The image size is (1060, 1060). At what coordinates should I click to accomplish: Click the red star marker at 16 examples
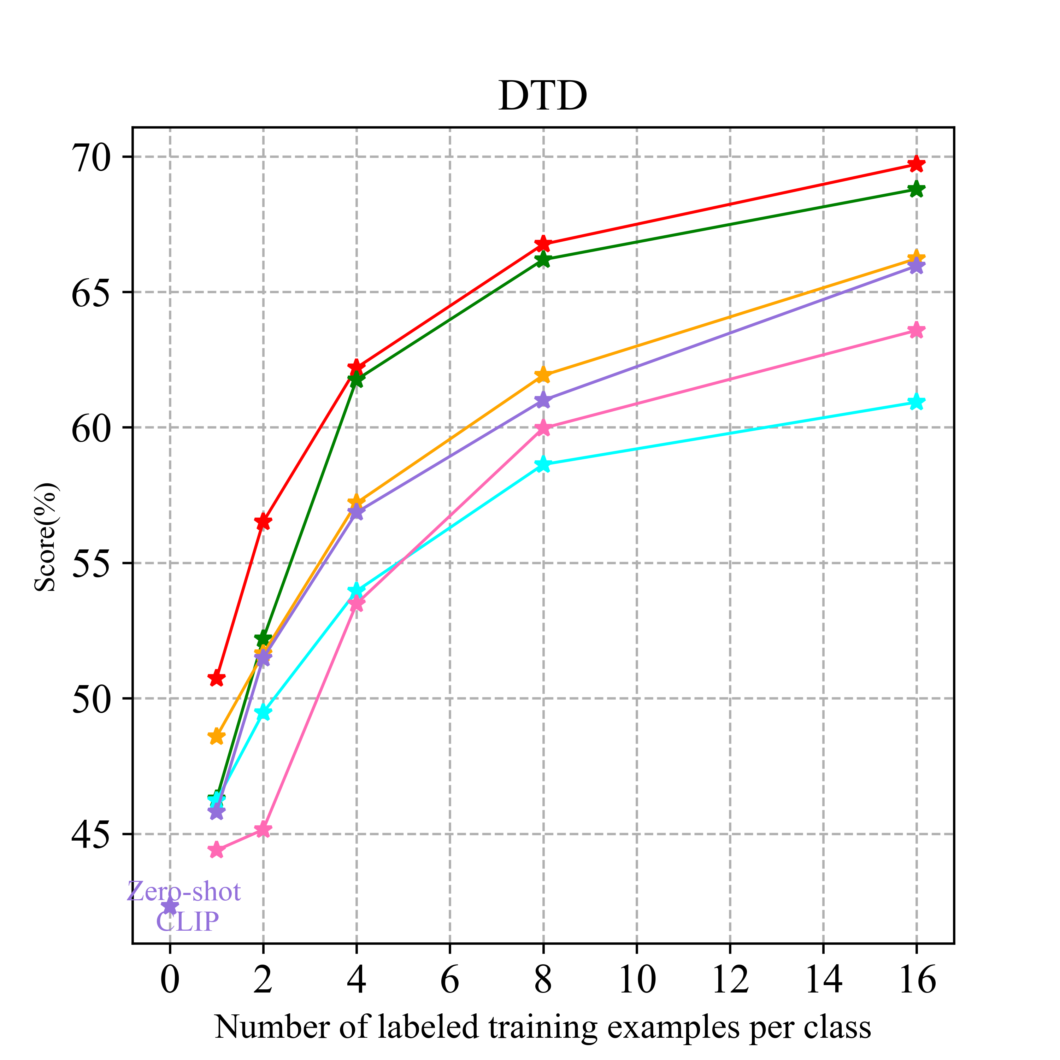click(916, 164)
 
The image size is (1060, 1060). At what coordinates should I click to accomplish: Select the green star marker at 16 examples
click(916, 190)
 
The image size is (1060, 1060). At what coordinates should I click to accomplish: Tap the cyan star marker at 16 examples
click(916, 402)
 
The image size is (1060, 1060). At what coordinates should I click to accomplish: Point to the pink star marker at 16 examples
click(916, 330)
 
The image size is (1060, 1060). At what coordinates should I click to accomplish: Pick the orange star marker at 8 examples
click(543, 375)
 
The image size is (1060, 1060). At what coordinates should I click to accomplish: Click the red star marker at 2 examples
click(263, 521)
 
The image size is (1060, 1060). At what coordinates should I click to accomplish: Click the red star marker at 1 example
click(217, 678)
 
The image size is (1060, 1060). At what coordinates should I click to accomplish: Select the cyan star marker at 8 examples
click(543, 464)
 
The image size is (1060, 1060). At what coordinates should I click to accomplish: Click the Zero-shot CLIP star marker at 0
click(170, 906)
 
